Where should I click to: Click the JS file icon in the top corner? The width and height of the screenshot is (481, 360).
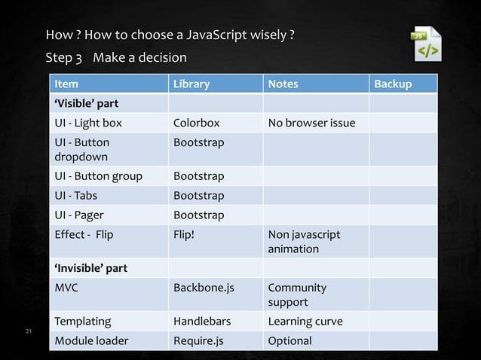427,44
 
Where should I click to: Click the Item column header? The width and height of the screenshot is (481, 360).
65,84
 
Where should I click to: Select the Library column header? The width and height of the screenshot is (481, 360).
191,84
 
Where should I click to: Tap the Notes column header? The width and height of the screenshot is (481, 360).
283,84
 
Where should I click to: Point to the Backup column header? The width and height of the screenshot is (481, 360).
393,84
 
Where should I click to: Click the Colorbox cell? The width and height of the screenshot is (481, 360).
196,123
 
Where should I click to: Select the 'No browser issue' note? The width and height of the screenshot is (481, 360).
311,123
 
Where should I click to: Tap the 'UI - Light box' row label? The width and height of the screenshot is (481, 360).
87,123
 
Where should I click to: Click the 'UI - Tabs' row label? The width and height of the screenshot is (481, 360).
75,196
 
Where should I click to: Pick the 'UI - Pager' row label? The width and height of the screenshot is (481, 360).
78,215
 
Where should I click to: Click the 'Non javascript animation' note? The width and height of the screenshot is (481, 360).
304,241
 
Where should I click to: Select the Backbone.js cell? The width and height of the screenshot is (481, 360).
204,288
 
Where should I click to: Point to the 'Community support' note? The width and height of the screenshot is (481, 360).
297,294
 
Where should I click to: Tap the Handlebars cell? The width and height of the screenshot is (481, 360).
202,322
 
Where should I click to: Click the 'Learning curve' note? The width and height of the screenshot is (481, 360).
305,322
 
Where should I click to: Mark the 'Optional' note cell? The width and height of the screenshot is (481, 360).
290,340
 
